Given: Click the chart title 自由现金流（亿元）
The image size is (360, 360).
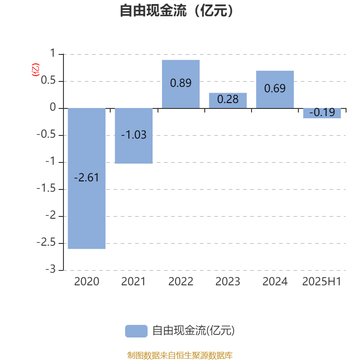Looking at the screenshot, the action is coord(176,10).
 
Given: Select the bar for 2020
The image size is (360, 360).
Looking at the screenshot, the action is coord(87,178).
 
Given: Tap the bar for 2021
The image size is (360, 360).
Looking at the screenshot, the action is coord(134,136).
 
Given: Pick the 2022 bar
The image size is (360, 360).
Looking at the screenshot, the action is coord(181,84).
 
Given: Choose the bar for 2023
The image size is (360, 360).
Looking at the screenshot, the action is coord(228,100).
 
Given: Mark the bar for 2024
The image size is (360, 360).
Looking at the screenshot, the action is coord(275,89).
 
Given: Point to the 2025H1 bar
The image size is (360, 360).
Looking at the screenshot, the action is coord(322,113).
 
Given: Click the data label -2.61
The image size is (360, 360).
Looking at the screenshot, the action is coord(86,177).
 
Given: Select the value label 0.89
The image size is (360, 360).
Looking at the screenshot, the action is coord(181,83).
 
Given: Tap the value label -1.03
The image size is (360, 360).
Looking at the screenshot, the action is coord(134,135).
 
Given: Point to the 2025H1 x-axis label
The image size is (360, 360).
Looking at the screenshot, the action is coord(322,282).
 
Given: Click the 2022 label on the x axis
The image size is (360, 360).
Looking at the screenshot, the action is coord(181,282).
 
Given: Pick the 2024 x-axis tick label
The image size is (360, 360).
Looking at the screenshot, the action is coord(275,282).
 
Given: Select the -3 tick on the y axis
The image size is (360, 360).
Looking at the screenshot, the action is coord(50,269).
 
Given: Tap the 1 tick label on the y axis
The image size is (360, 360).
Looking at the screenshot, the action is coord(53,53).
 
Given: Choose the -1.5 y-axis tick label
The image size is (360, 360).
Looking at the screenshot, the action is coord(46,188).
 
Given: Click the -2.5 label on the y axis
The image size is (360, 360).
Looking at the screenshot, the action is coord(46,242).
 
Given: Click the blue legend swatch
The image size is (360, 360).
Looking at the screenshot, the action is coord(136,331).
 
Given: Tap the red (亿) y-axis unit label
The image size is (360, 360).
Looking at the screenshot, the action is coord(36,70).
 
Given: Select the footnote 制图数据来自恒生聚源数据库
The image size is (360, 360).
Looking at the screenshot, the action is coord(180,355).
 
